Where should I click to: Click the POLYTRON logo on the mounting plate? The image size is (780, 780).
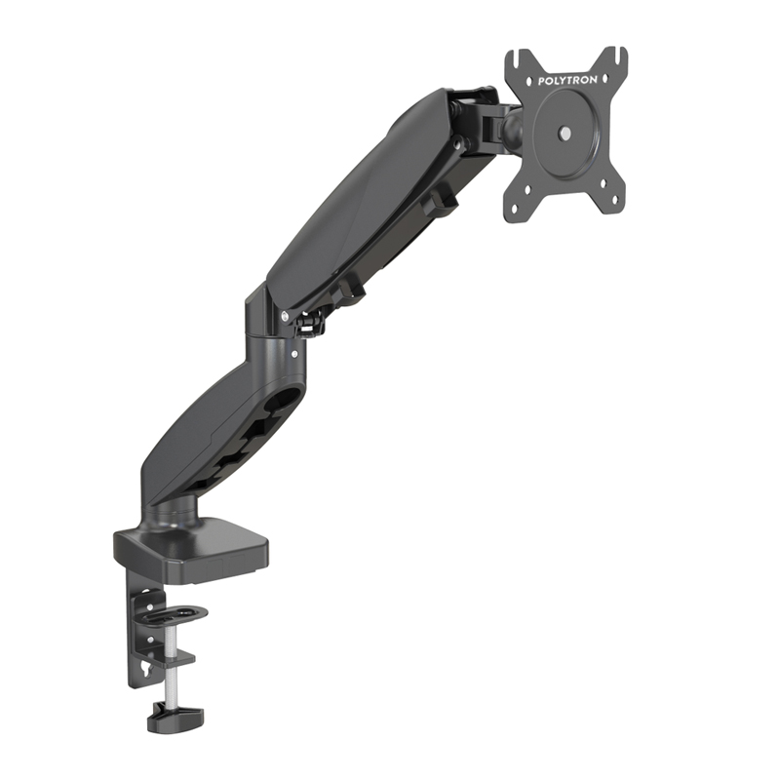click(x=567, y=80)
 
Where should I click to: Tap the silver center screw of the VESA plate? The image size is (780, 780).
click(x=565, y=133)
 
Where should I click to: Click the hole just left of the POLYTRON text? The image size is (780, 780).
click(x=529, y=80)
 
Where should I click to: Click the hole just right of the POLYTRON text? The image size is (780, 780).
click(x=604, y=79)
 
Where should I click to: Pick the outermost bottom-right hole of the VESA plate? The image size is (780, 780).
click(x=615, y=201)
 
